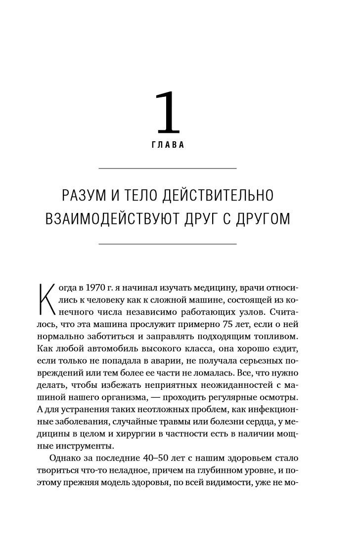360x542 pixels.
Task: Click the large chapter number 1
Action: (168, 113)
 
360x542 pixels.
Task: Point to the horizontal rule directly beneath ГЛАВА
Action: (168, 169)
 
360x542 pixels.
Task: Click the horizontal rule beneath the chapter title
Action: (168, 244)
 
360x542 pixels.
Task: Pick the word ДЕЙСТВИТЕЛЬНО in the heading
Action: (221, 195)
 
